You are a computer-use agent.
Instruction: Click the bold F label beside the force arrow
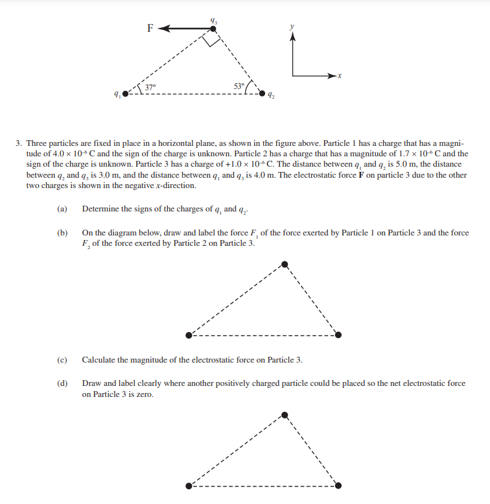[150, 28]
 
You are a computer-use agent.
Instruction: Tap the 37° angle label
[150, 87]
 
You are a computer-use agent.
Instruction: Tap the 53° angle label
[239, 86]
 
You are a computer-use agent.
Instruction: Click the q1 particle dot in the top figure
[126, 95]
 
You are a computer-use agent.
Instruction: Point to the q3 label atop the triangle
[213, 21]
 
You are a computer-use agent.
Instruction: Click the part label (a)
[62, 209]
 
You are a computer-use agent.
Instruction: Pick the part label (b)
[62, 233]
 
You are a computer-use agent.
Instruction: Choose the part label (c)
[62, 360]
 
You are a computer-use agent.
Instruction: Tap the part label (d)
[62, 383]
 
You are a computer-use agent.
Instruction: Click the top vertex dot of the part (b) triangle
[285, 264]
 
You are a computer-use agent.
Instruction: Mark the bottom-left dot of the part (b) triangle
[189, 335]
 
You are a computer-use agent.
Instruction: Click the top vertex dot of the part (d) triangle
[285, 413]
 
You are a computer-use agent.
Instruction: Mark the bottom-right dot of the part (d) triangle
[338, 485]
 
